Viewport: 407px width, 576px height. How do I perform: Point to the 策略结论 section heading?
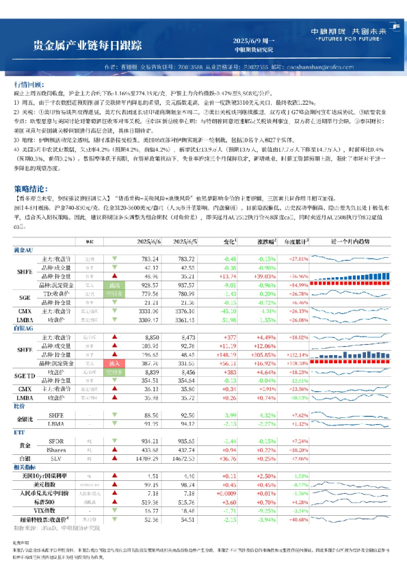pos(29,187)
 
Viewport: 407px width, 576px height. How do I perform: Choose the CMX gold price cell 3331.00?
pos(149,311)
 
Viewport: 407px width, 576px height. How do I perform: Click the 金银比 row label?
pos(25,419)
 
